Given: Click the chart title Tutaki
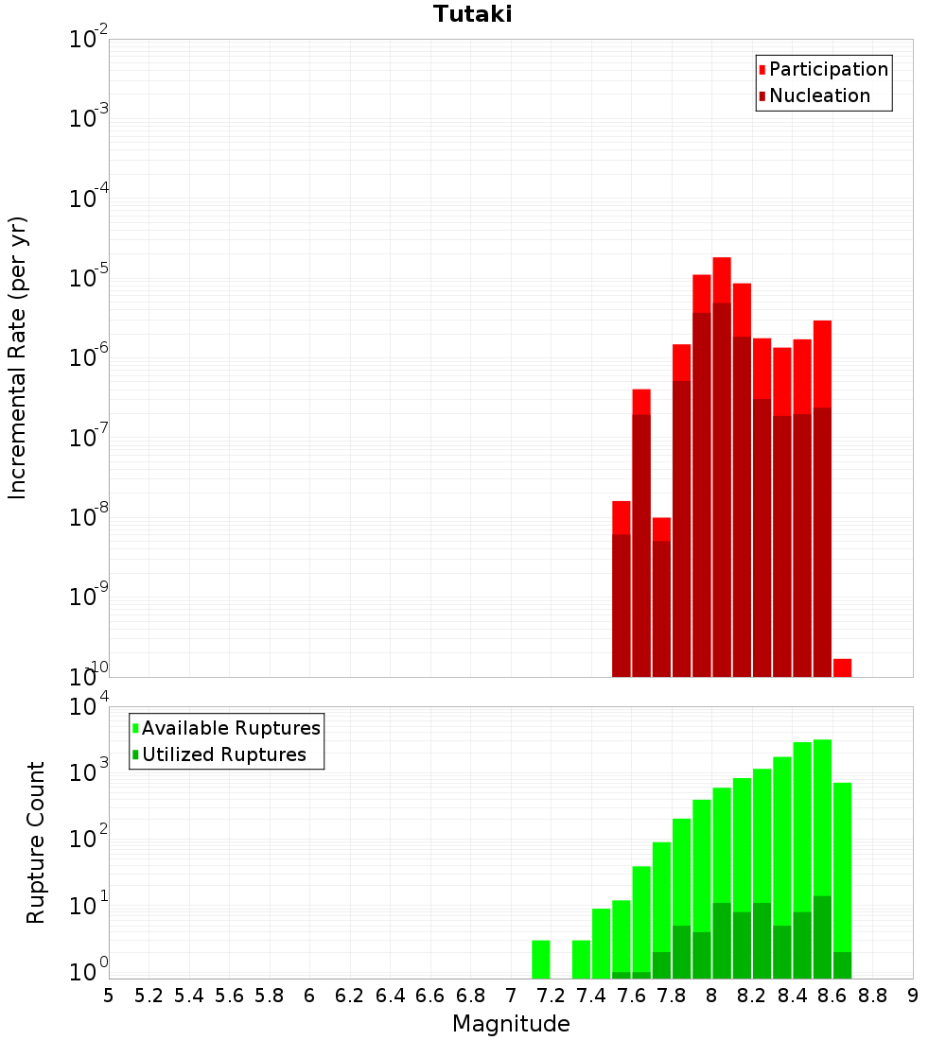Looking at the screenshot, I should click(x=473, y=14).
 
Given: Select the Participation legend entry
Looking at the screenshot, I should click(x=829, y=70).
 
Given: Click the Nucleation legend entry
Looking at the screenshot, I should click(x=819, y=96).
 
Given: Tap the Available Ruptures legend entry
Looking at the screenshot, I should click(x=231, y=728).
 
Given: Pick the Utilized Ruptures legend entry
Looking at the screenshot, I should click(x=223, y=754).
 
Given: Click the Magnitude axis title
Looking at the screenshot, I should click(x=511, y=1024).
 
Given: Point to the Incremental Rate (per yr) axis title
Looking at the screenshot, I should click(x=18, y=357).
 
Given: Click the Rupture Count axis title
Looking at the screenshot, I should click(x=36, y=841).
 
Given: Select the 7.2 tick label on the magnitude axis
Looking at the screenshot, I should click(x=551, y=996).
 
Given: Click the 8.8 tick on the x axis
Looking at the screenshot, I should click(x=872, y=996).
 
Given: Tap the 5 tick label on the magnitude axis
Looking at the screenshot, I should click(x=109, y=996).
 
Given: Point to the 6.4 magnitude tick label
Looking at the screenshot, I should click(x=390, y=996).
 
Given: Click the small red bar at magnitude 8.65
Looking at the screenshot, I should click(x=842, y=667).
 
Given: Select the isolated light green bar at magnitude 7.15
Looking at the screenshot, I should click(x=541, y=960).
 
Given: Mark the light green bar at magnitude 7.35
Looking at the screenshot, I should click(x=581, y=960).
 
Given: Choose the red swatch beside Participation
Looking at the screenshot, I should click(x=762, y=70).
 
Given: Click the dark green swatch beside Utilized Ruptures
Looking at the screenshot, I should click(x=135, y=754).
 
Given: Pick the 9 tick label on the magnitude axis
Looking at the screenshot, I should click(x=913, y=996).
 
